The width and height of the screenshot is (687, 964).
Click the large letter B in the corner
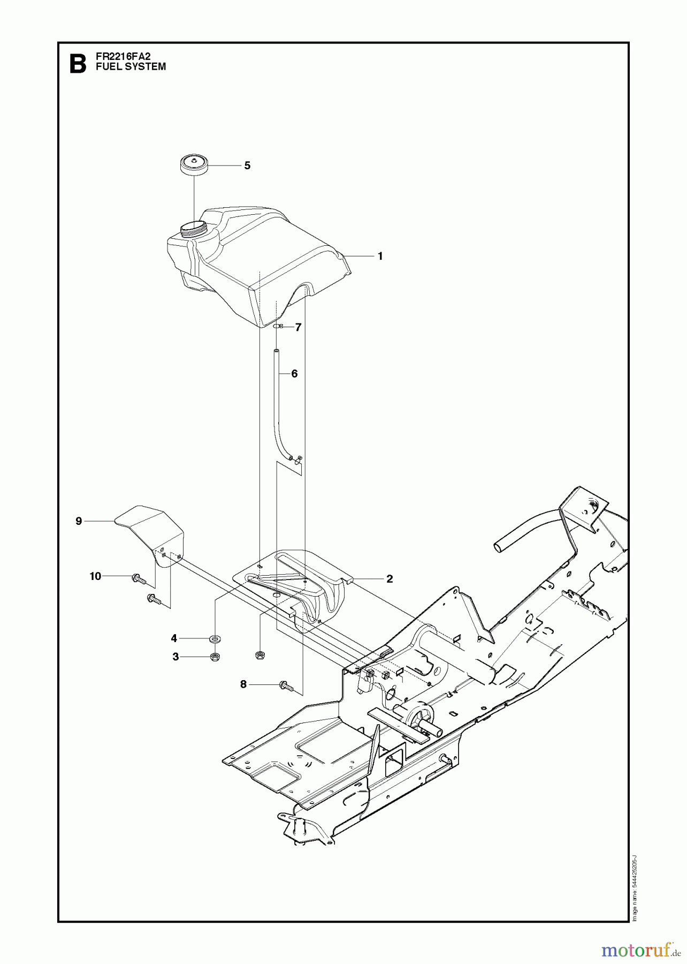[78, 64]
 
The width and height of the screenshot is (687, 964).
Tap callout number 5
[247, 165]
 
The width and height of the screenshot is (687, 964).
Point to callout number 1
[380, 256]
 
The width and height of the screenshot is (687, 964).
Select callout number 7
[298, 327]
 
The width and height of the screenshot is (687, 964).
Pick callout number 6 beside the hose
[294, 374]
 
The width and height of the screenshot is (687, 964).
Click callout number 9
[79, 521]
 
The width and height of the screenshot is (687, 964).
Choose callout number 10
[95, 576]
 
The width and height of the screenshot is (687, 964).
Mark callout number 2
[390, 578]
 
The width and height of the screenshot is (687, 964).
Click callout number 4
[174, 638]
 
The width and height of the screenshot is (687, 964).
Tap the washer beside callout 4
[216, 639]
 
